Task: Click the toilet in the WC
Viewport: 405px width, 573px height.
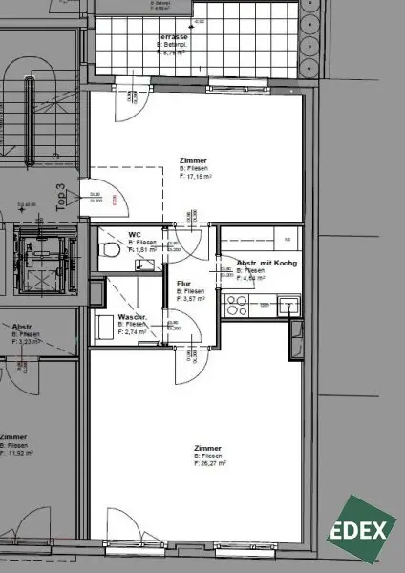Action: click(x=112, y=250)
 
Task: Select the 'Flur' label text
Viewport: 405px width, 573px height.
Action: click(x=185, y=283)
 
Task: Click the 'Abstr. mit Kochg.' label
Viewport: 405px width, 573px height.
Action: click(x=262, y=262)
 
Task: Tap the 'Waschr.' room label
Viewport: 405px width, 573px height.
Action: click(x=131, y=317)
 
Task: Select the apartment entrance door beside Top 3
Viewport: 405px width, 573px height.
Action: click(x=96, y=196)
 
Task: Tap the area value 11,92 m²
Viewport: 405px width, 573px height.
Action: click(x=21, y=453)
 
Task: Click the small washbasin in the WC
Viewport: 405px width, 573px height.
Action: click(x=145, y=267)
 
